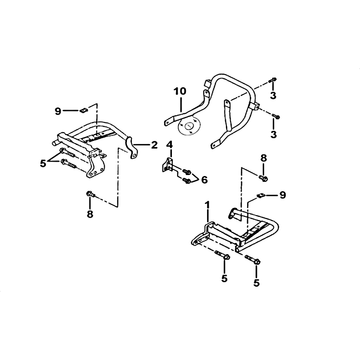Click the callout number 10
pos(180,91)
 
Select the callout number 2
pos(154,145)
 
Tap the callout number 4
pos(170,145)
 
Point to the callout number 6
pos(204,180)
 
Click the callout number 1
pos(207,205)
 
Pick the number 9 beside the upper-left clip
pos(58,112)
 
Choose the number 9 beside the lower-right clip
pos(283,195)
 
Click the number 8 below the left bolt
pos(90,214)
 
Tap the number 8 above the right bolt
pos(264,158)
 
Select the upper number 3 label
pos(273,95)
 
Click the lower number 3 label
pos(274,134)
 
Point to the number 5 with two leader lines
pos(43,164)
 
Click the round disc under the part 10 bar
pos(189,127)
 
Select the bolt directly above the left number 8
pos(91,194)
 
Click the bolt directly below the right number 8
pos(263,178)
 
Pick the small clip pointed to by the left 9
pos(84,111)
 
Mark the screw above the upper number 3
pos(273,81)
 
